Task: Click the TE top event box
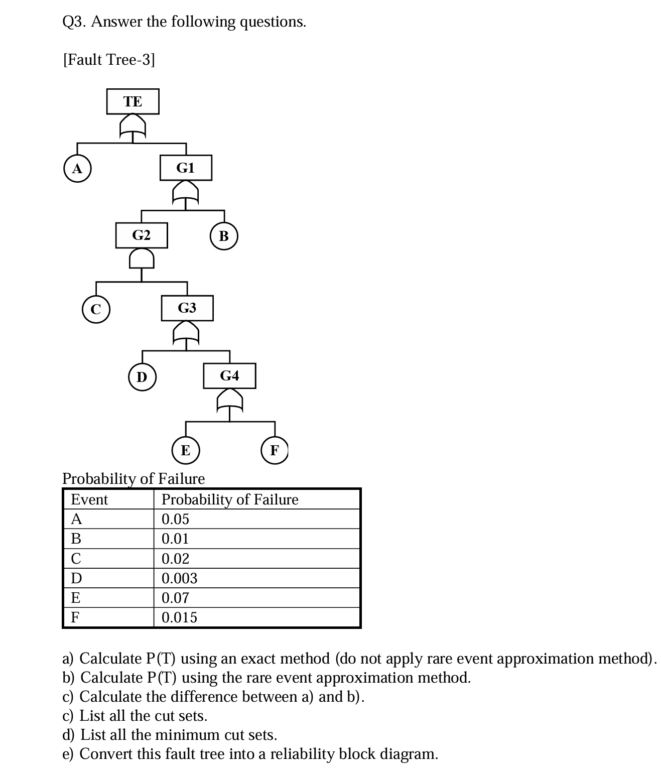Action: pos(133,101)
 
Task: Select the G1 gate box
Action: pos(186,168)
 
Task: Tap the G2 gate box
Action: pos(141,235)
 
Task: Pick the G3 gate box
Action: pos(187,308)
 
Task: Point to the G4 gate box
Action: pos(229,375)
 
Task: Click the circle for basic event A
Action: pos(77,169)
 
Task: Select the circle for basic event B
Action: pos(224,236)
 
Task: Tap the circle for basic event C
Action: pos(95,309)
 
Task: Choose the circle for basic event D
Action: pos(142,376)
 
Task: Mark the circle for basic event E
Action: pos(186,450)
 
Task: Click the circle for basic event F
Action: pos(275,450)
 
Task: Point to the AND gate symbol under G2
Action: pos(142,259)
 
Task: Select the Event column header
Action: pos(89,499)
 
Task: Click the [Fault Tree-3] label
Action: pos(109,60)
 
